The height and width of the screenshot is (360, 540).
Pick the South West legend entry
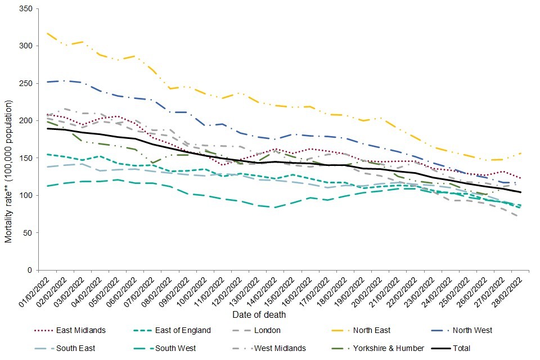pyautogui.click(x=177, y=348)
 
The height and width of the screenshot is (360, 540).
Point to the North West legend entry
pyautogui.click(x=473, y=330)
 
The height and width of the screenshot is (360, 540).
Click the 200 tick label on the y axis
pyautogui.click(x=25, y=121)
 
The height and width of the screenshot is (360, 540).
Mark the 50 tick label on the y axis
pyautogui.click(x=27, y=233)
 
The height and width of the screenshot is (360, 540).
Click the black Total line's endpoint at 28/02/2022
pyautogui.click(x=521, y=192)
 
